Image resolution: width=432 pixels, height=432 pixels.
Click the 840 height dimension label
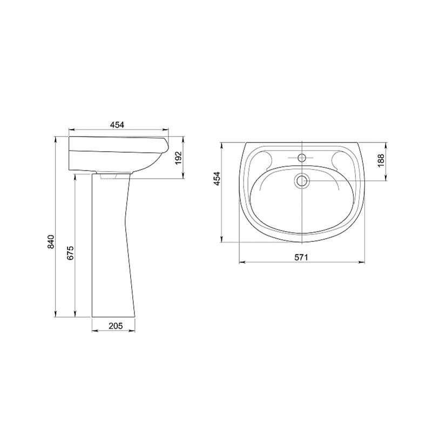tap(51, 241)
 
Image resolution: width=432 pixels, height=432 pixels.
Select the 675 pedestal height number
tap(70, 253)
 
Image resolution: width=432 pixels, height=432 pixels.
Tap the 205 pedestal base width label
tap(116, 326)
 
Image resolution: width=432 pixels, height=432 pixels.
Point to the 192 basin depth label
tap(179, 158)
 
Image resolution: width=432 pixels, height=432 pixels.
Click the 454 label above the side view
tap(117, 125)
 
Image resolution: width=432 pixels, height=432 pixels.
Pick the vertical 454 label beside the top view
tap(217, 179)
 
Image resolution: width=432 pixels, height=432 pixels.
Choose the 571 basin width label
tap(301, 258)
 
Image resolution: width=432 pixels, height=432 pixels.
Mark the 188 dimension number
tap(381, 160)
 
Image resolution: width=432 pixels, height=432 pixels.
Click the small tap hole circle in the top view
tap(302, 158)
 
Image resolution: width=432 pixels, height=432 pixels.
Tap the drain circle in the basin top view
tap(302, 181)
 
